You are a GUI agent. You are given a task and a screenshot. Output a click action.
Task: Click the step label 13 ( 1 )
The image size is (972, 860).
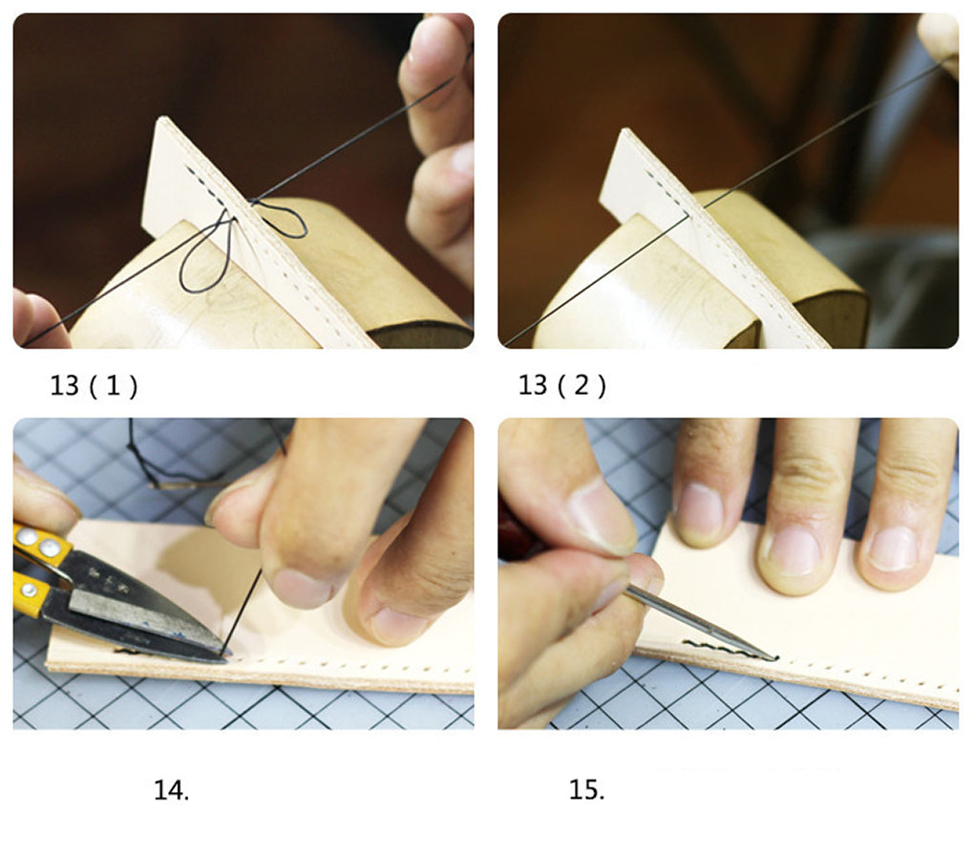(x=94, y=386)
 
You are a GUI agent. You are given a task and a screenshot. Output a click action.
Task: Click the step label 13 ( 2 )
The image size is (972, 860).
(x=561, y=386)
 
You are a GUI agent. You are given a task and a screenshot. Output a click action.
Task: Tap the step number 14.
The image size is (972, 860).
(x=172, y=790)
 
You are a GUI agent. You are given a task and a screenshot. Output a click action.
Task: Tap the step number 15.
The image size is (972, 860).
(x=586, y=790)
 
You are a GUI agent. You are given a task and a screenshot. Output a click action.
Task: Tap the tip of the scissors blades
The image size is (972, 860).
(x=227, y=654)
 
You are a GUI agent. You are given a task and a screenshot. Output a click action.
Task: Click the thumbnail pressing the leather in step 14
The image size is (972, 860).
(x=303, y=588)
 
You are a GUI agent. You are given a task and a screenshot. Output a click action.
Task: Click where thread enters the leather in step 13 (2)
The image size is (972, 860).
(x=687, y=215)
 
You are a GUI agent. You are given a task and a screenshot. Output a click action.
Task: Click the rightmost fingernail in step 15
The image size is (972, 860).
(x=893, y=548)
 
